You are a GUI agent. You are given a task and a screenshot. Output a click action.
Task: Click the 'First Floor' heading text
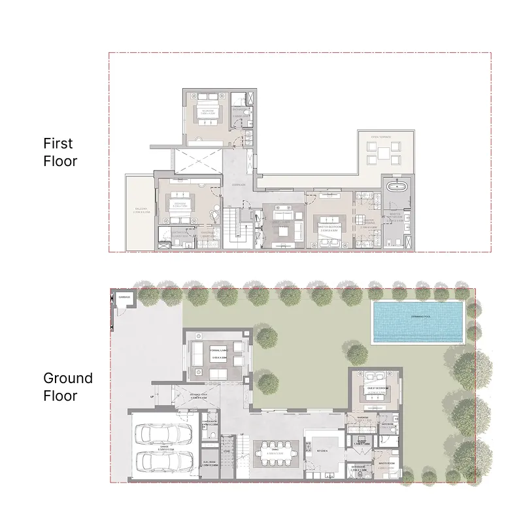pyautogui.click(x=60, y=152)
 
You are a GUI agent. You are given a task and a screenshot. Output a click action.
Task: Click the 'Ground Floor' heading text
pyautogui.click(x=68, y=386)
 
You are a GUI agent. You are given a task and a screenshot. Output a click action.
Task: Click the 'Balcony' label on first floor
pyautogui.click(x=141, y=210)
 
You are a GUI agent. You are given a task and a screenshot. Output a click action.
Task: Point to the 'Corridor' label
pyautogui.click(x=239, y=185)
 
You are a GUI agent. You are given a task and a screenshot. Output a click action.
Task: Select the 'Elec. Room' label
pyautogui.click(x=209, y=462)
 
